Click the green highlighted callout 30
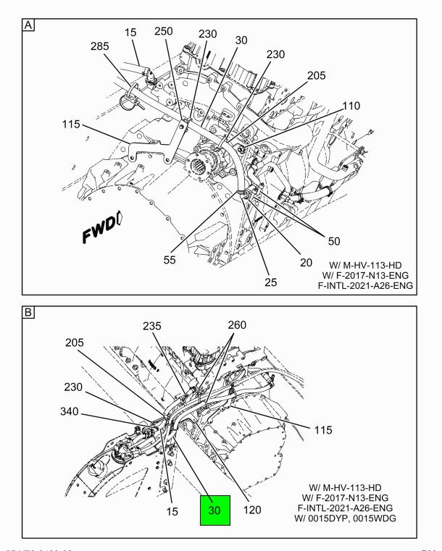tap(215, 510)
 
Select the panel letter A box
tap(28, 25)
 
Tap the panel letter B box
tap(28, 312)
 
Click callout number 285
tap(100, 46)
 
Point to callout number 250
tap(164, 31)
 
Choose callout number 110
tap(351, 106)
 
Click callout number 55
tap(170, 260)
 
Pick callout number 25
tap(271, 282)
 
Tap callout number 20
tap(306, 263)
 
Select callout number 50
tap(334, 241)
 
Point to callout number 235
tap(152, 326)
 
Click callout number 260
tap(237, 325)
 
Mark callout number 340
tap(70, 411)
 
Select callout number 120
tap(252, 510)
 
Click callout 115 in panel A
tap(71, 124)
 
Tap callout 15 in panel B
tap(172, 511)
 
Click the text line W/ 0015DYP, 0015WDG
tap(345, 518)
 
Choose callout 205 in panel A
tap(317, 75)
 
